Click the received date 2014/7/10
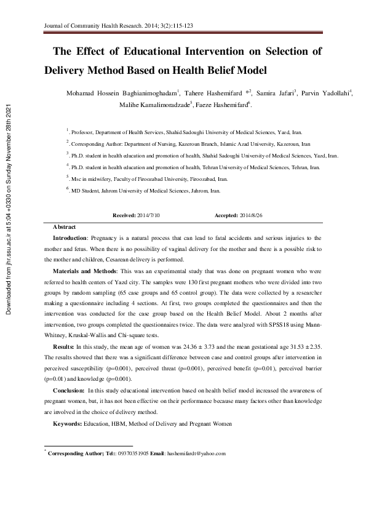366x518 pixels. pos(147,215)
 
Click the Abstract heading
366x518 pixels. pos(65,227)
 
